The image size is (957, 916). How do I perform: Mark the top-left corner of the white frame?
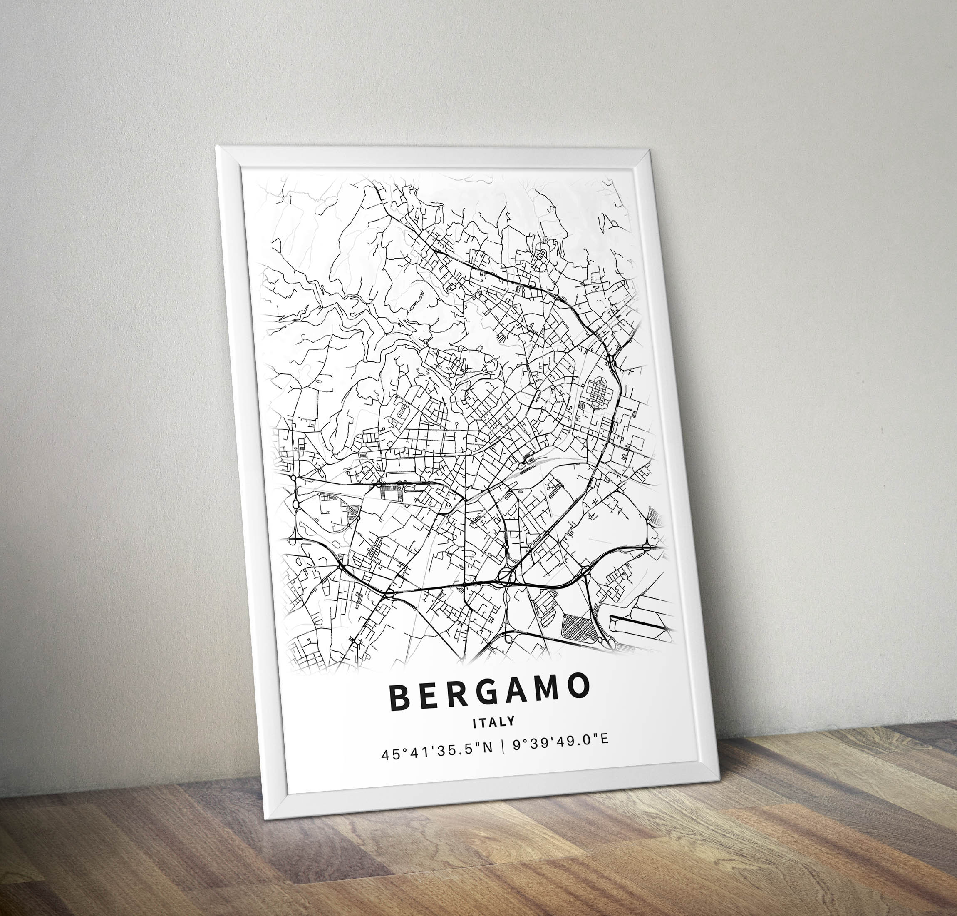point(218,147)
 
